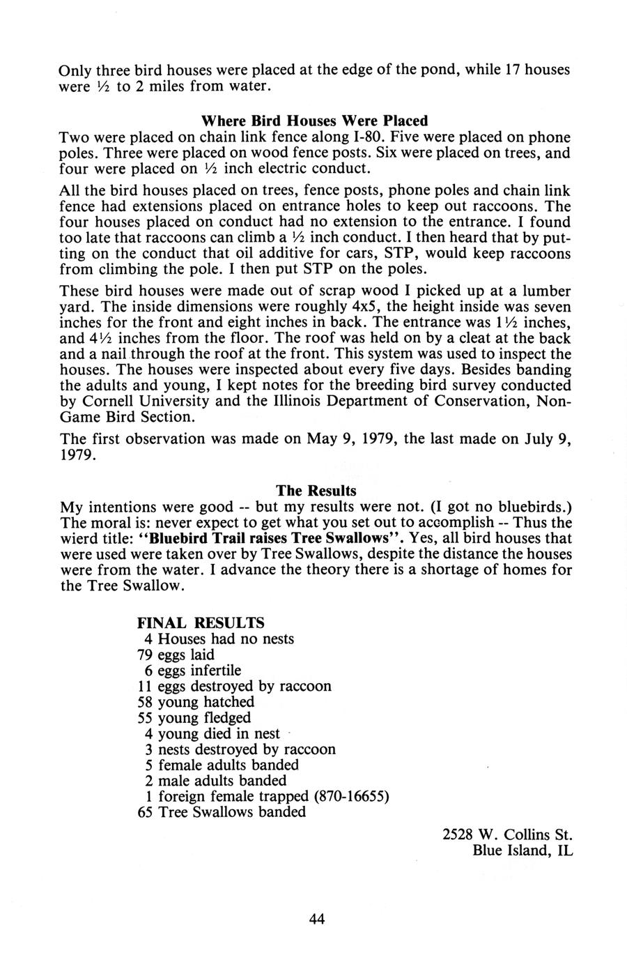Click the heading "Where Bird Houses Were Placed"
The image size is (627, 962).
click(x=314, y=121)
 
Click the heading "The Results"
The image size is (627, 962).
click(x=316, y=491)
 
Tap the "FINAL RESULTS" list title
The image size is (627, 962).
click(x=201, y=622)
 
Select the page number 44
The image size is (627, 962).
click(x=316, y=918)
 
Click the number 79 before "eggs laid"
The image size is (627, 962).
click(x=146, y=655)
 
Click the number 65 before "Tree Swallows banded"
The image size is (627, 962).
click(x=146, y=812)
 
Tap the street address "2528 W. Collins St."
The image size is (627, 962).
click(x=507, y=834)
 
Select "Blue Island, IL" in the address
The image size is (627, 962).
click(x=522, y=850)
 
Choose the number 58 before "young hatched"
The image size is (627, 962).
click(x=146, y=702)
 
